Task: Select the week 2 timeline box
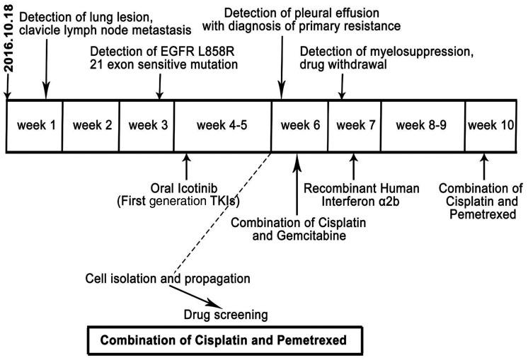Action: (x=91, y=126)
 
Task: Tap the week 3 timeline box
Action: (x=147, y=126)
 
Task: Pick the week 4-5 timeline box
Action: (x=222, y=126)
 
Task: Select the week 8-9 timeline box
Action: (x=423, y=126)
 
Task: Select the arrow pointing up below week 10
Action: (x=483, y=166)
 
